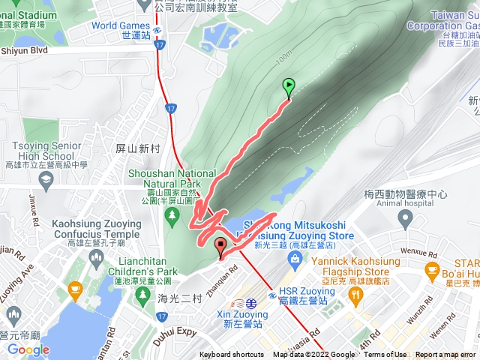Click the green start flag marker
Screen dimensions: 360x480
coord(289,87)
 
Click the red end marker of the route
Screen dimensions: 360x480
coord(220,246)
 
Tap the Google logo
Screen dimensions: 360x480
coord(28,349)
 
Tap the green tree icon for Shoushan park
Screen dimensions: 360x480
coord(172,215)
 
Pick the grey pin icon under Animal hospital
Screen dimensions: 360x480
coord(406,219)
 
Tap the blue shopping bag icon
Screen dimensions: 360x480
coord(295,259)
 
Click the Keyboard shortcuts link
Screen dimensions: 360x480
coord(232,355)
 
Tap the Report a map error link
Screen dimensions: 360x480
coord(445,355)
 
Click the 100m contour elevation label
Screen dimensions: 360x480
coord(283,57)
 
